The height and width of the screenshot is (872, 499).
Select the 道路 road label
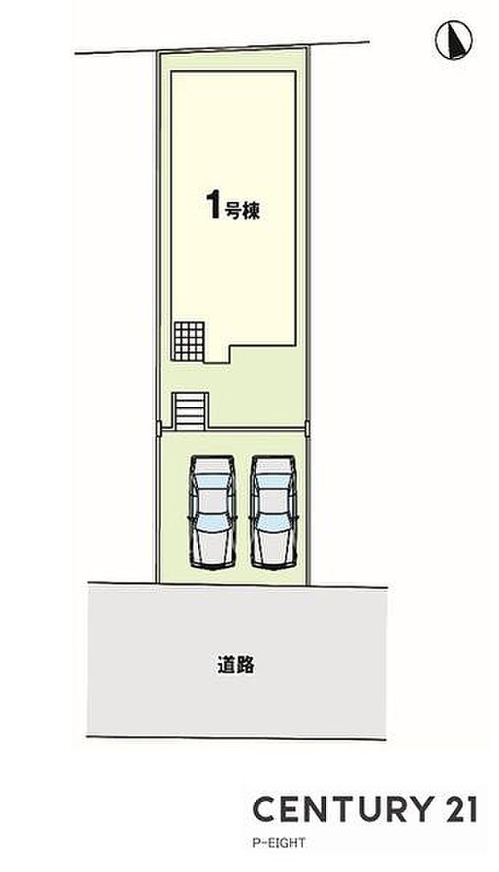coord(236,665)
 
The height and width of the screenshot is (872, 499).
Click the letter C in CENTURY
coord(265,809)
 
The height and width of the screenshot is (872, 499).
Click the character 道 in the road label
coord(225,665)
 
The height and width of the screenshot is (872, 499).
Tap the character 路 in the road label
coord(246,665)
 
